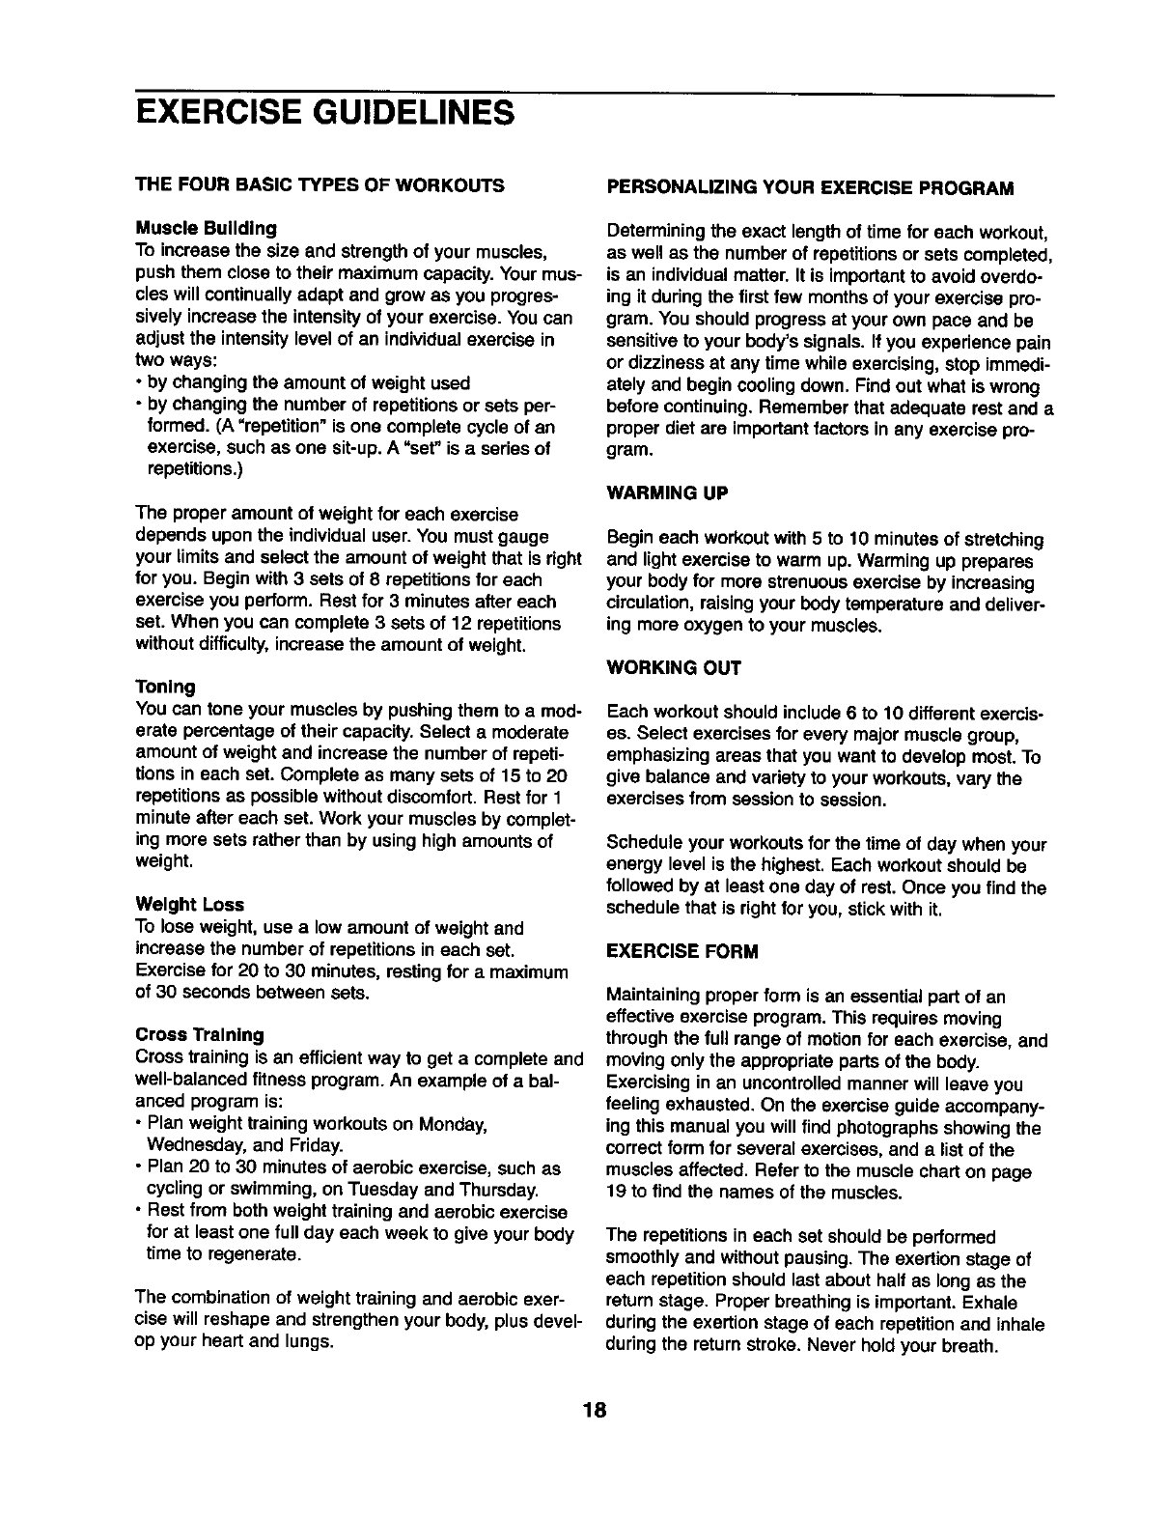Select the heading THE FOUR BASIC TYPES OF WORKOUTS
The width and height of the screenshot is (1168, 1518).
tap(319, 184)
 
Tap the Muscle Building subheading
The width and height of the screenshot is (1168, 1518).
tap(206, 229)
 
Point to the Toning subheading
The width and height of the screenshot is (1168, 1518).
tap(165, 687)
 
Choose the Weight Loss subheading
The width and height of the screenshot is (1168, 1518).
tap(189, 905)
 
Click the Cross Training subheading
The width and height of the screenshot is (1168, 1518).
tap(199, 1034)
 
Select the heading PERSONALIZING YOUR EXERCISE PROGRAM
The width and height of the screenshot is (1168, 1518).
tap(810, 186)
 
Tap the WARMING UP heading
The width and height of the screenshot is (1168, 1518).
tap(666, 492)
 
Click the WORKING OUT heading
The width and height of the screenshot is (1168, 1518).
tap(673, 667)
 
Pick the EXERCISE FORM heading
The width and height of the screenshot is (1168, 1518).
tap(681, 951)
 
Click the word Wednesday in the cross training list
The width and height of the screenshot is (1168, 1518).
tap(190, 1145)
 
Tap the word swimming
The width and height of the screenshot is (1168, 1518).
tap(259, 1189)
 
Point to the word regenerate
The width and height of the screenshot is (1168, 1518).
tap(253, 1254)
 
